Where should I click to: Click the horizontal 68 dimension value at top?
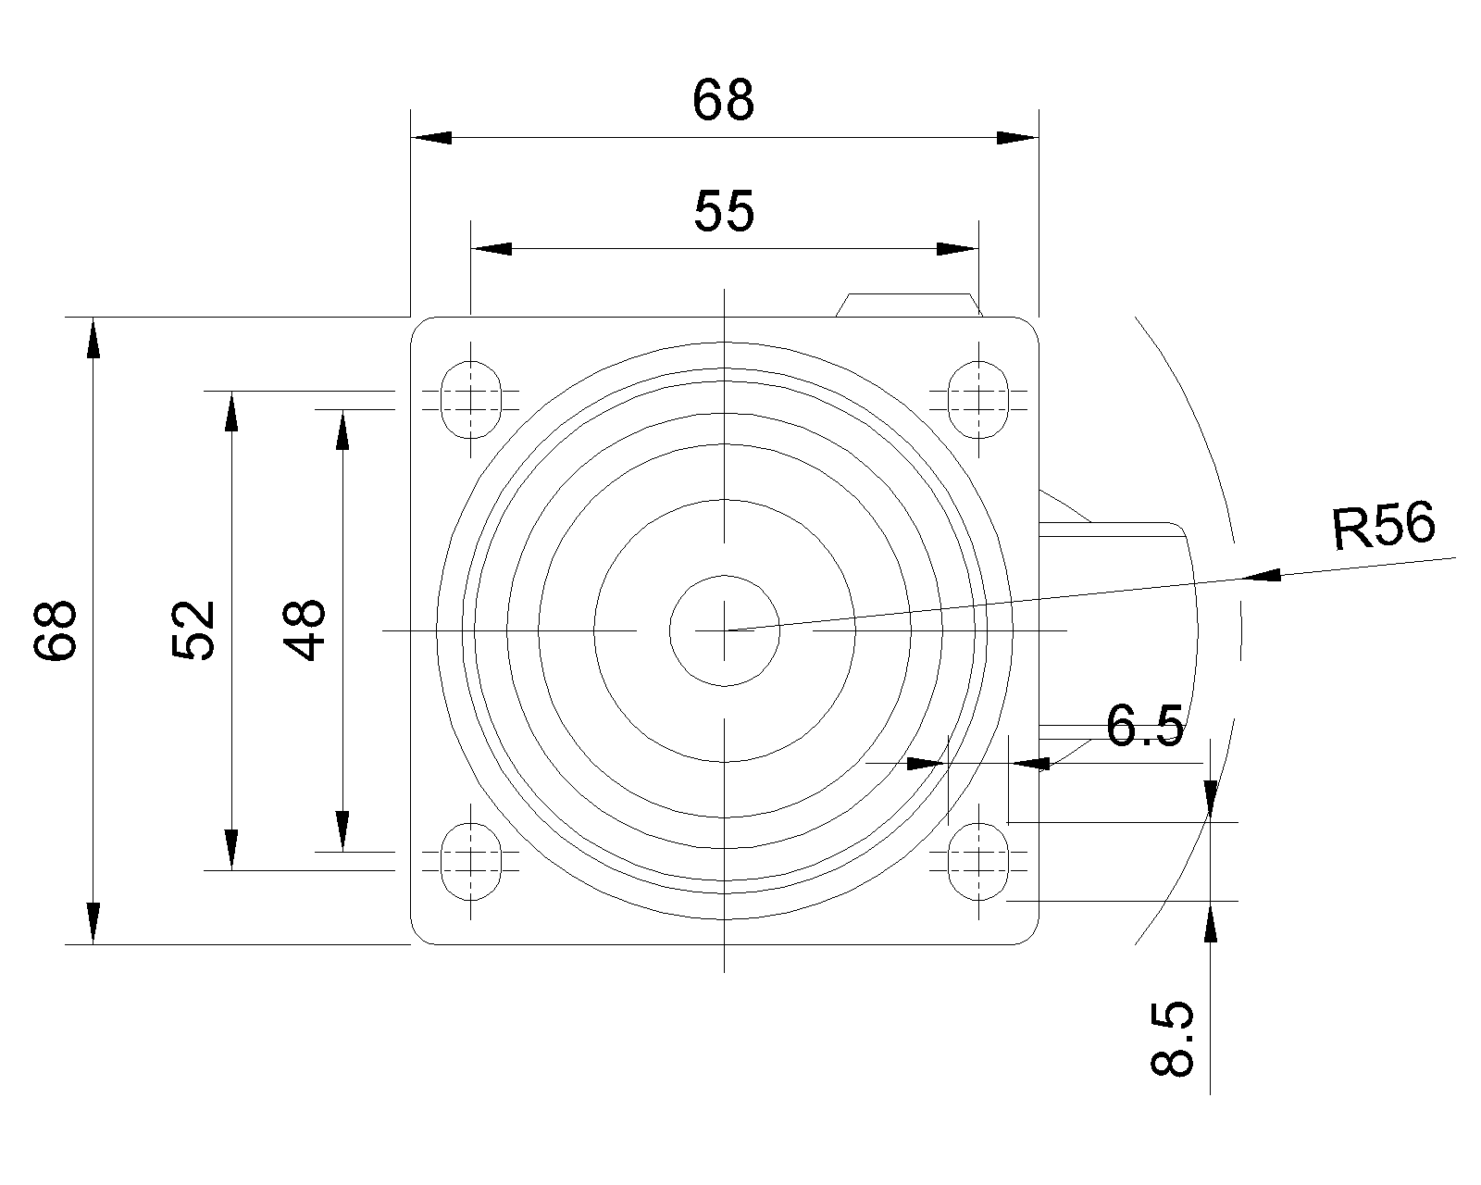click(x=723, y=101)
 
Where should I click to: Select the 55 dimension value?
click(x=724, y=211)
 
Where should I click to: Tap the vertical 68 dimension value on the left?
click(x=56, y=630)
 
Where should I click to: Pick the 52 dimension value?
click(x=193, y=630)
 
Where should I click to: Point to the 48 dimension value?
click(x=305, y=630)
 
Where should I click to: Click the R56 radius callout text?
click(x=1383, y=526)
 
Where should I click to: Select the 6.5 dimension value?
click(x=1144, y=726)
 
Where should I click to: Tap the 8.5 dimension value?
click(x=1172, y=1039)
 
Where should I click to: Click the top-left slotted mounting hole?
click(x=471, y=400)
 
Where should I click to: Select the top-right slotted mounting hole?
click(x=978, y=400)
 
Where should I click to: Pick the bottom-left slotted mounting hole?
click(x=471, y=861)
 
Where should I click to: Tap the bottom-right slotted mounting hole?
click(x=978, y=861)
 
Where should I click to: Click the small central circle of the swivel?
click(x=725, y=630)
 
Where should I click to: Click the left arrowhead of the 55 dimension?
click(x=492, y=248)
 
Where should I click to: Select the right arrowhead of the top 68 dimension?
click(x=1018, y=138)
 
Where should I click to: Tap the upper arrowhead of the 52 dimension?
click(x=232, y=411)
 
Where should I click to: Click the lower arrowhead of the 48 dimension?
click(x=342, y=831)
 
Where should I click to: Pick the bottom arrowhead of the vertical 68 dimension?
click(x=93, y=923)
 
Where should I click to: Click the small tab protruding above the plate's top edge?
click(x=909, y=305)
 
